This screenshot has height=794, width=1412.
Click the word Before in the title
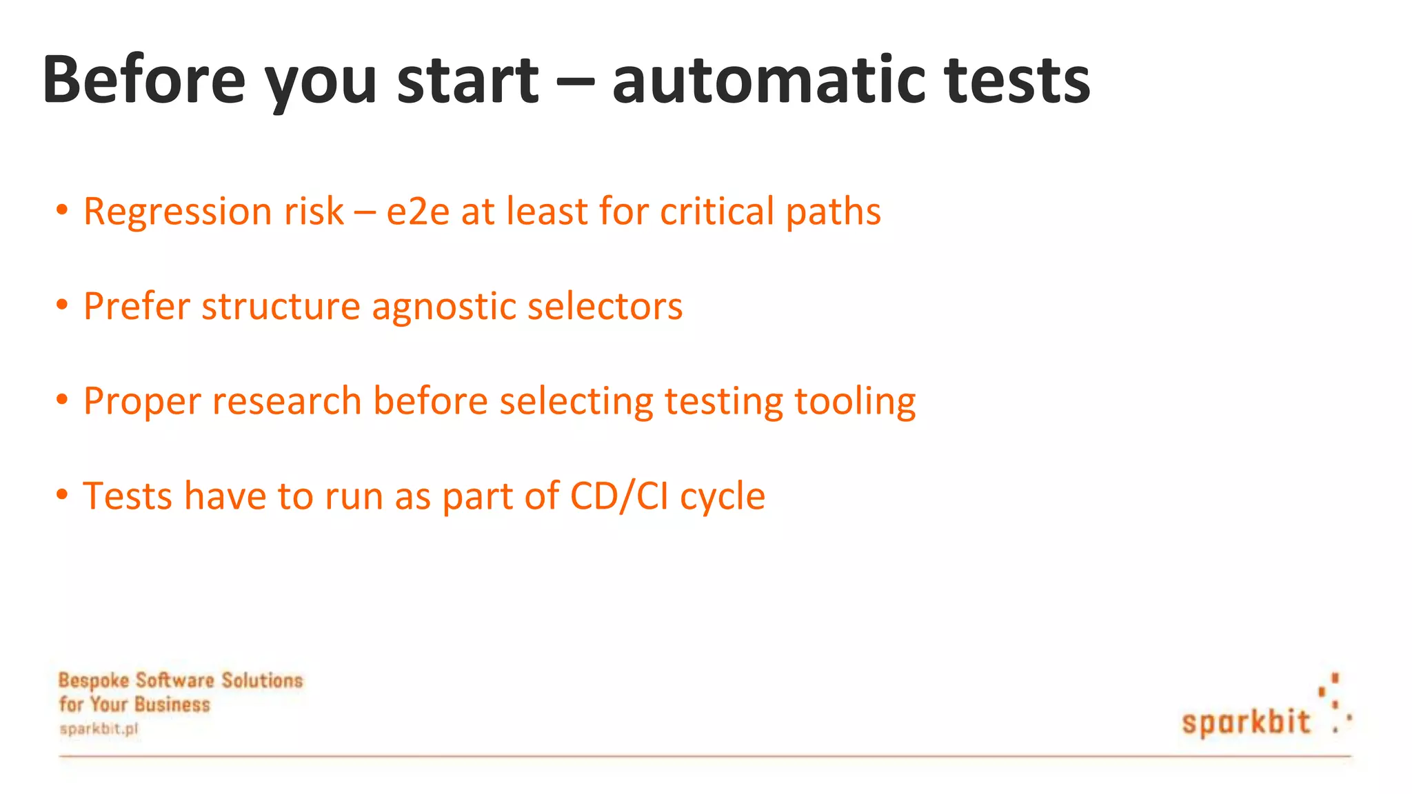[143, 80]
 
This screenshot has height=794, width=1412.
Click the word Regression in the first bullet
[178, 212]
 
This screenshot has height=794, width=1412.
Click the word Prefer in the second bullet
[137, 306]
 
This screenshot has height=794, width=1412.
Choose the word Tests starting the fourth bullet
[127, 496]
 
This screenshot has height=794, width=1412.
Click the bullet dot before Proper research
[62, 399]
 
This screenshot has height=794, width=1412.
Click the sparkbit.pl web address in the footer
[99, 729]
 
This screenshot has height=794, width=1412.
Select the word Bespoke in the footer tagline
[94, 681]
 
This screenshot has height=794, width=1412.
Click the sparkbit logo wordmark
[1246, 722]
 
